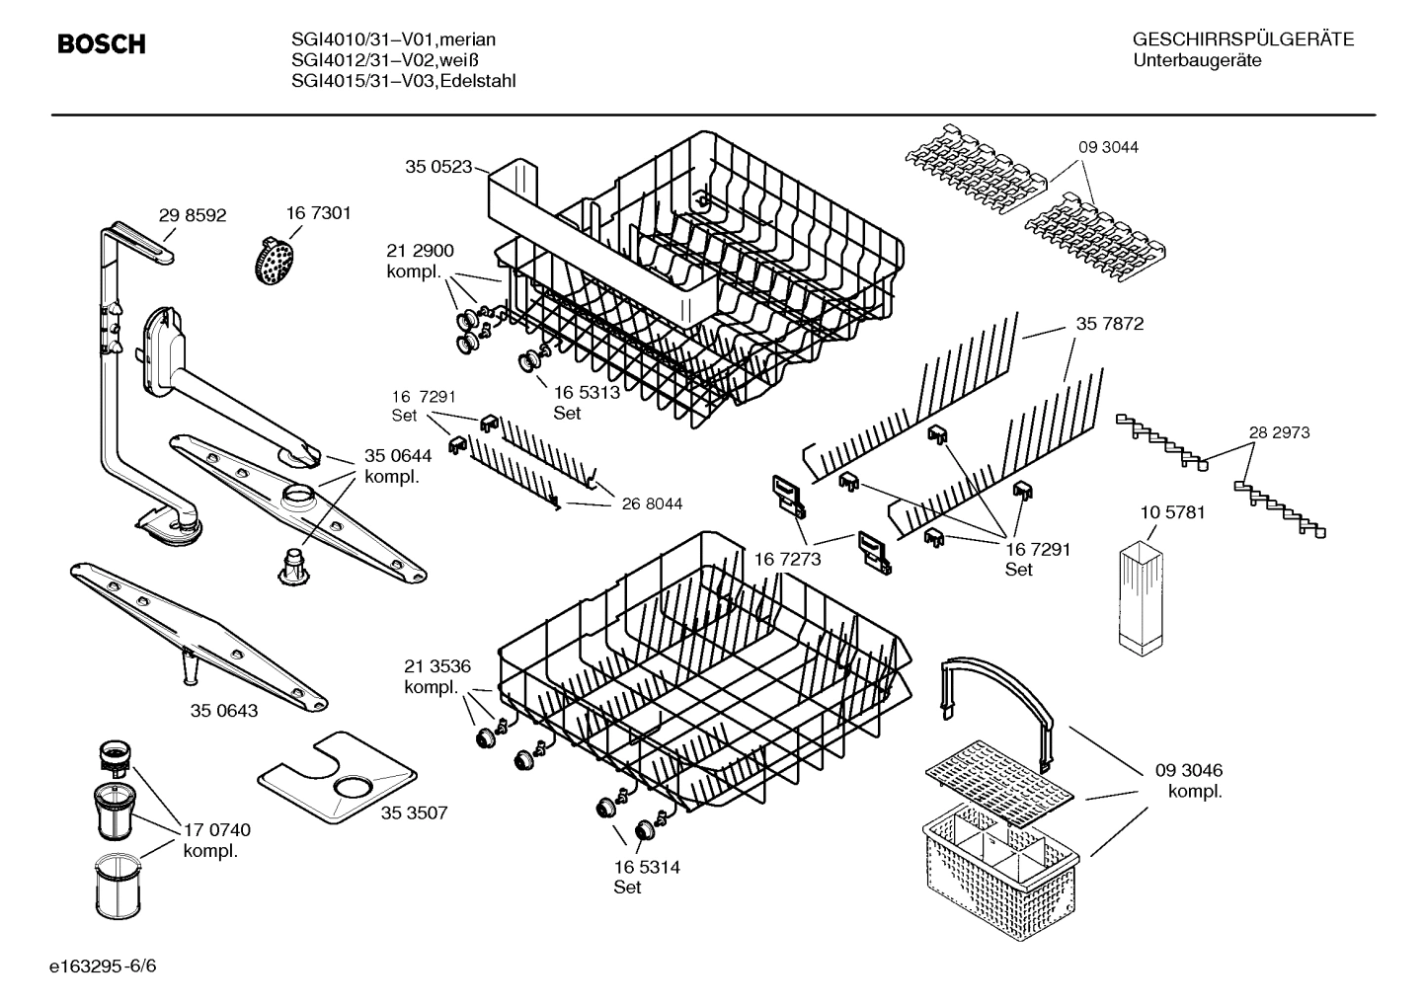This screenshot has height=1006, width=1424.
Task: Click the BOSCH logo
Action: pyautogui.click(x=102, y=44)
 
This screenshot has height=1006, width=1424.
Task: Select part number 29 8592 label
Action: pyautogui.click(x=193, y=214)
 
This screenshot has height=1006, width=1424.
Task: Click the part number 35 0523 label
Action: pyautogui.click(x=438, y=167)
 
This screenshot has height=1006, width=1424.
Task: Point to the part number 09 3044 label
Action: pyautogui.click(x=1108, y=147)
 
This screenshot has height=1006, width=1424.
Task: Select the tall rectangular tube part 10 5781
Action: pyautogui.click(x=1143, y=596)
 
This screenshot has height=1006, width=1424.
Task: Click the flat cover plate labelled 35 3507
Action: pyautogui.click(x=337, y=780)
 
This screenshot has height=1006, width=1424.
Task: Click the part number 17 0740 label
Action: pyautogui.click(x=217, y=830)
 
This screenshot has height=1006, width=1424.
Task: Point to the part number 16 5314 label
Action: pyautogui.click(x=647, y=867)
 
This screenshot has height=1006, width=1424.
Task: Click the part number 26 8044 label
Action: pyautogui.click(x=652, y=503)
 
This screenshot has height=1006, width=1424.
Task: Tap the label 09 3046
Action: pyautogui.click(x=1189, y=770)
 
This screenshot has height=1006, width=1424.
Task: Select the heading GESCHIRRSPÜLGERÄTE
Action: pyautogui.click(x=1242, y=39)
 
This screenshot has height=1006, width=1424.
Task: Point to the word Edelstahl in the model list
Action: pyautogui.click(x=478, y=81)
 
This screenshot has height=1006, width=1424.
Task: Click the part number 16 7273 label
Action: pyautogui.click(x=787, y=560)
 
